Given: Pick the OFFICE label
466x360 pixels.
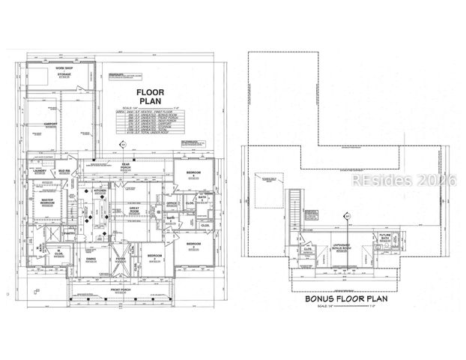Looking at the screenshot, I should [172, 202].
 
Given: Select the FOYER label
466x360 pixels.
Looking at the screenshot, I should [118, 259].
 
